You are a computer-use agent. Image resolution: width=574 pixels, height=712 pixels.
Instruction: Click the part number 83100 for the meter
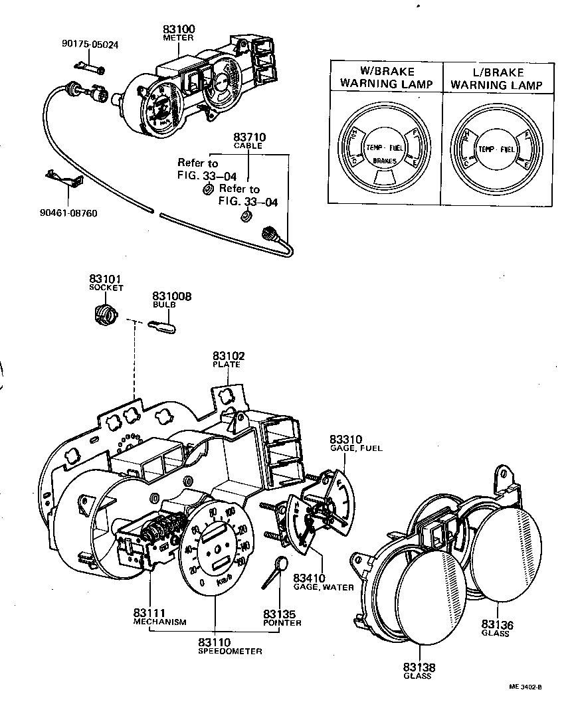[x=178, y=30]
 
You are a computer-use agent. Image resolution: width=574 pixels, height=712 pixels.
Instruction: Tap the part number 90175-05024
[x=91, y=45]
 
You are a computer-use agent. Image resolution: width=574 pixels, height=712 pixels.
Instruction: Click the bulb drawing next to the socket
[x=161, y=327]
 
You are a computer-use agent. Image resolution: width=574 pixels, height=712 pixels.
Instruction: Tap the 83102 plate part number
[x=227, y=356]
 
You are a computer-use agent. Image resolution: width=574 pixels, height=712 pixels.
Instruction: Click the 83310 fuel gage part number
[x=346, y=440]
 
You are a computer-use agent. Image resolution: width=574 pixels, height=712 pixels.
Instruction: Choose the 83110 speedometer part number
[x=215, y=642]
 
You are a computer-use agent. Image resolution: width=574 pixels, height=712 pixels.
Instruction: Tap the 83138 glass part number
[x=417, y=667]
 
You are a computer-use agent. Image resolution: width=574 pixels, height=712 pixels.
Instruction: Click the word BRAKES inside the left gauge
[x=385, y=161]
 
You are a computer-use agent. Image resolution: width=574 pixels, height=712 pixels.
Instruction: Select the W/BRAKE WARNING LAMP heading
[x=386, y=78]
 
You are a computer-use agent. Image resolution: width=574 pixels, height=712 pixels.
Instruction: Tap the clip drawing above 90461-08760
[x=64, y=179]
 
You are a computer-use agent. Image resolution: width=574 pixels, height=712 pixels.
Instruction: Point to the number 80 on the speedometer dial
[x=213, y=513]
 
